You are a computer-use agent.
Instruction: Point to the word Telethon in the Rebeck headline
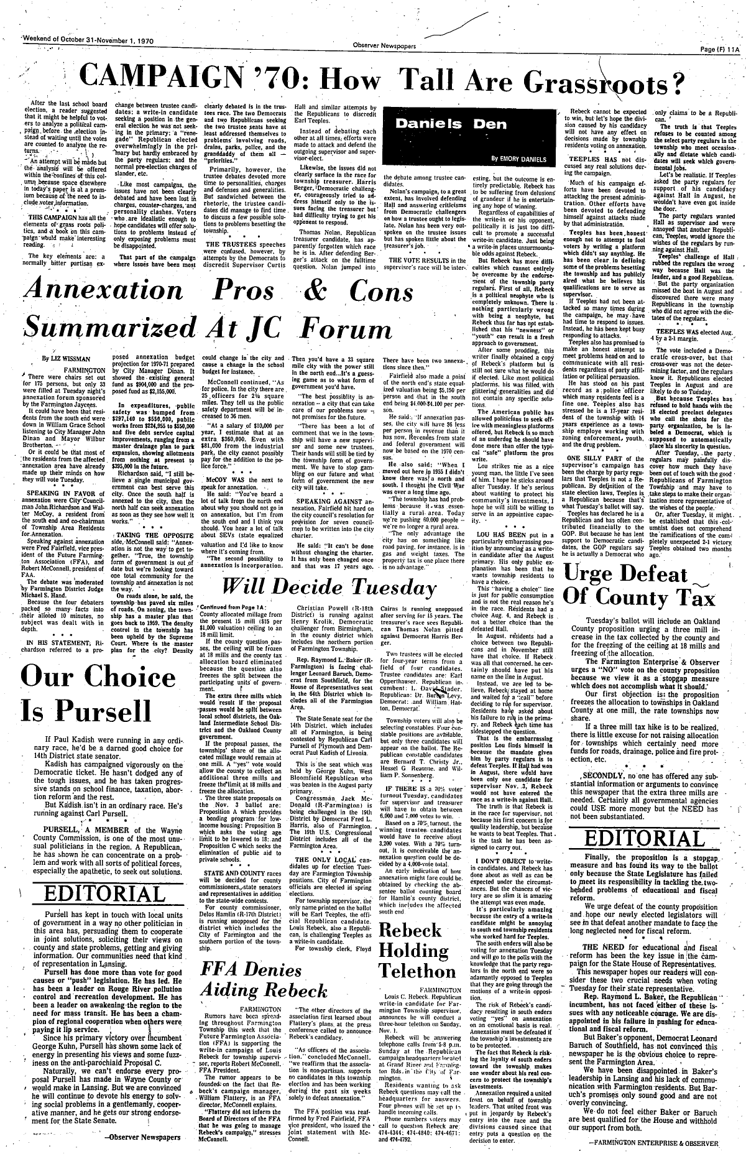(424, 970)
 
